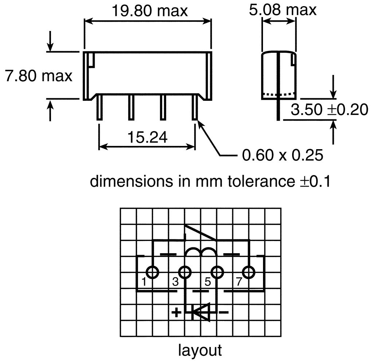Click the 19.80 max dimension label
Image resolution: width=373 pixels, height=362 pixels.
[149, 11]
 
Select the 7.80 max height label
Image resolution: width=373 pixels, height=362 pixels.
[39, 76]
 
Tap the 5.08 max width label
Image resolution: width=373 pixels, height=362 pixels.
[283, 10]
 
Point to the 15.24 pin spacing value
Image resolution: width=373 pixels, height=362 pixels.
[147, 137]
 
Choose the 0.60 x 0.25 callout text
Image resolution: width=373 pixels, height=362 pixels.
[283, 155]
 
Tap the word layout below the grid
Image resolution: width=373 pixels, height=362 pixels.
[200, 350]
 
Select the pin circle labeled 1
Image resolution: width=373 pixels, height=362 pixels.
[152, 272]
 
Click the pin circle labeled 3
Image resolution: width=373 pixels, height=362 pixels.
[185, 272]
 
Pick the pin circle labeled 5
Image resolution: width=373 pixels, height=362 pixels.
[217, 272]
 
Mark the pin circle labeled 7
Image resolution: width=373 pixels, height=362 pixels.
[249, 272]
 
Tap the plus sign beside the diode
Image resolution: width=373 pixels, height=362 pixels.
[176, 312]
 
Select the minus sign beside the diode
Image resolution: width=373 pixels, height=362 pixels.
[223, 312]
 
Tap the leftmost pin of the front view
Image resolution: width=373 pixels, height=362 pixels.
[99, 107]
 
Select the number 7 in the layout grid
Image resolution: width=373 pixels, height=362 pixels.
[239, 281]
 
